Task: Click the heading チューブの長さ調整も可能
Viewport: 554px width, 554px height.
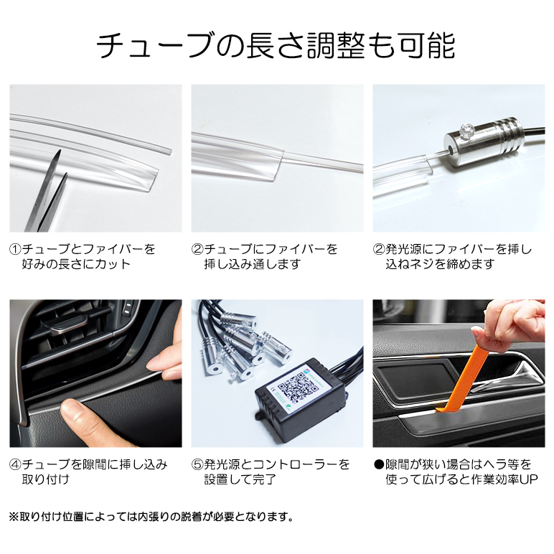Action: click(276, 45)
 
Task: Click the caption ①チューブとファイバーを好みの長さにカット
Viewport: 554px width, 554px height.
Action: click(83, 257)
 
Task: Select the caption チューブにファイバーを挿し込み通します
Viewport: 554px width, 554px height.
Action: click(264, 257)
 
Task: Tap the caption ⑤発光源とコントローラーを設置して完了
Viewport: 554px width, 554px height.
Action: click(271, 471)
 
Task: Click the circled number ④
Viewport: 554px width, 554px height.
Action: click(16, 464)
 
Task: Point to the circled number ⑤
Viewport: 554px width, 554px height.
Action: click(197, 464)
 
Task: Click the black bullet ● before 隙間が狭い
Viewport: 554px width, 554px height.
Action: click(379, 464)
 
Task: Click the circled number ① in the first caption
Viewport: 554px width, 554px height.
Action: click(16, 250)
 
